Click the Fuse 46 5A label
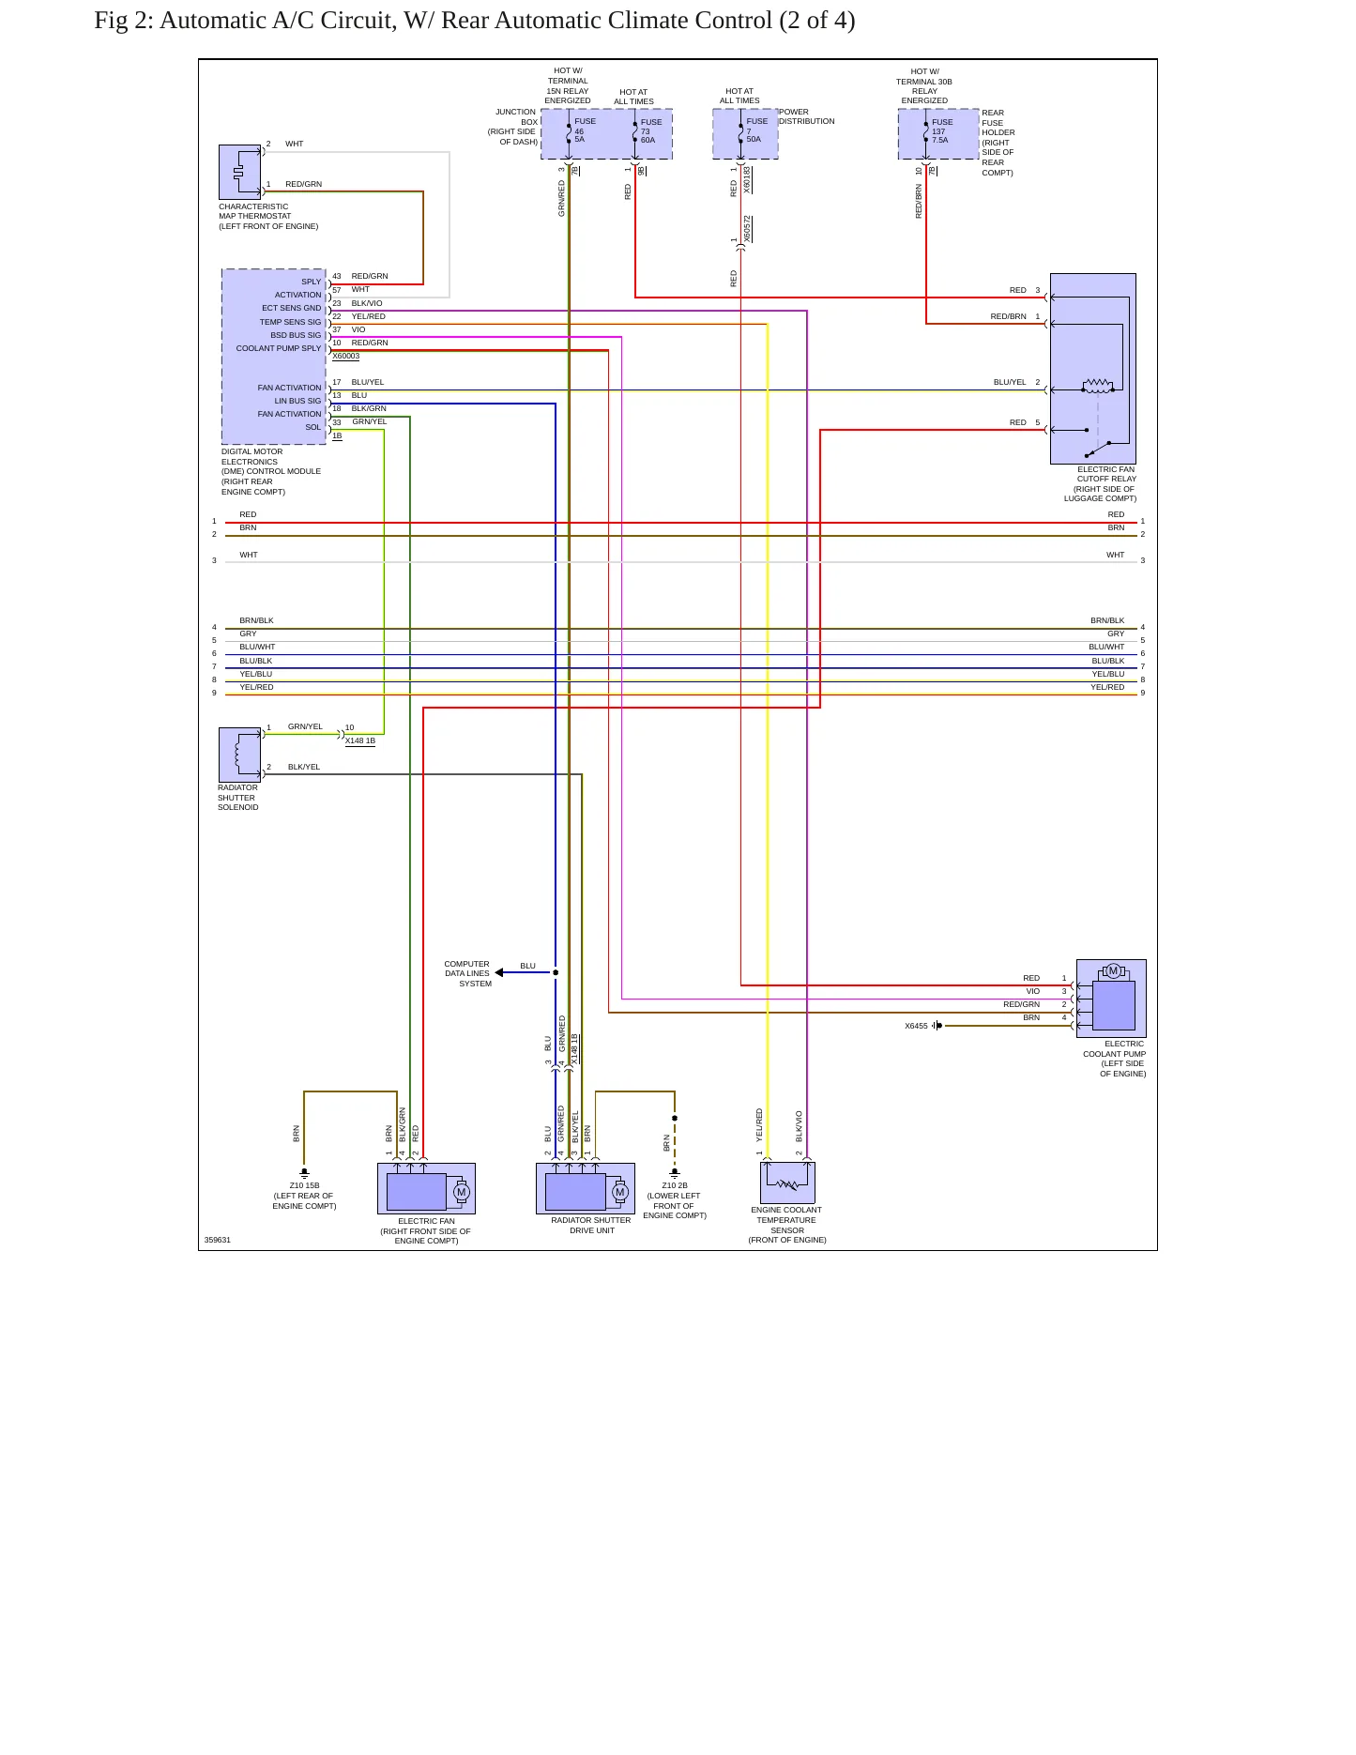point(585,130)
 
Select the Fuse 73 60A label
point(651,130)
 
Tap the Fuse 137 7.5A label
point(942,130)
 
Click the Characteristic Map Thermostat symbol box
point(239,172)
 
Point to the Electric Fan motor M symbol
point(461,1192)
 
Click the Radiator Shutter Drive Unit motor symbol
point(619,1192)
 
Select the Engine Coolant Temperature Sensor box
point(787,1183)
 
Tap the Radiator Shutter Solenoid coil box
point(239,755)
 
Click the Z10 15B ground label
point(304,1185)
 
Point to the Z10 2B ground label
point(675,1185)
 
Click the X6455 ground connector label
point(916,1026)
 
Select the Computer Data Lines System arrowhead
point(499,972)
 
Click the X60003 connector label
point(345,357)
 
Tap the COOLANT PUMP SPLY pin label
point(279,348)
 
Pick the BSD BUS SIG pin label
point(296,335)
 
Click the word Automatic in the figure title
point(206,21)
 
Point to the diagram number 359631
point(218,1240)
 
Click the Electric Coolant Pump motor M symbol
point(1113,970)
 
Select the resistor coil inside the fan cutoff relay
point(1098,385)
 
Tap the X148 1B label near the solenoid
point(360,740)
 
